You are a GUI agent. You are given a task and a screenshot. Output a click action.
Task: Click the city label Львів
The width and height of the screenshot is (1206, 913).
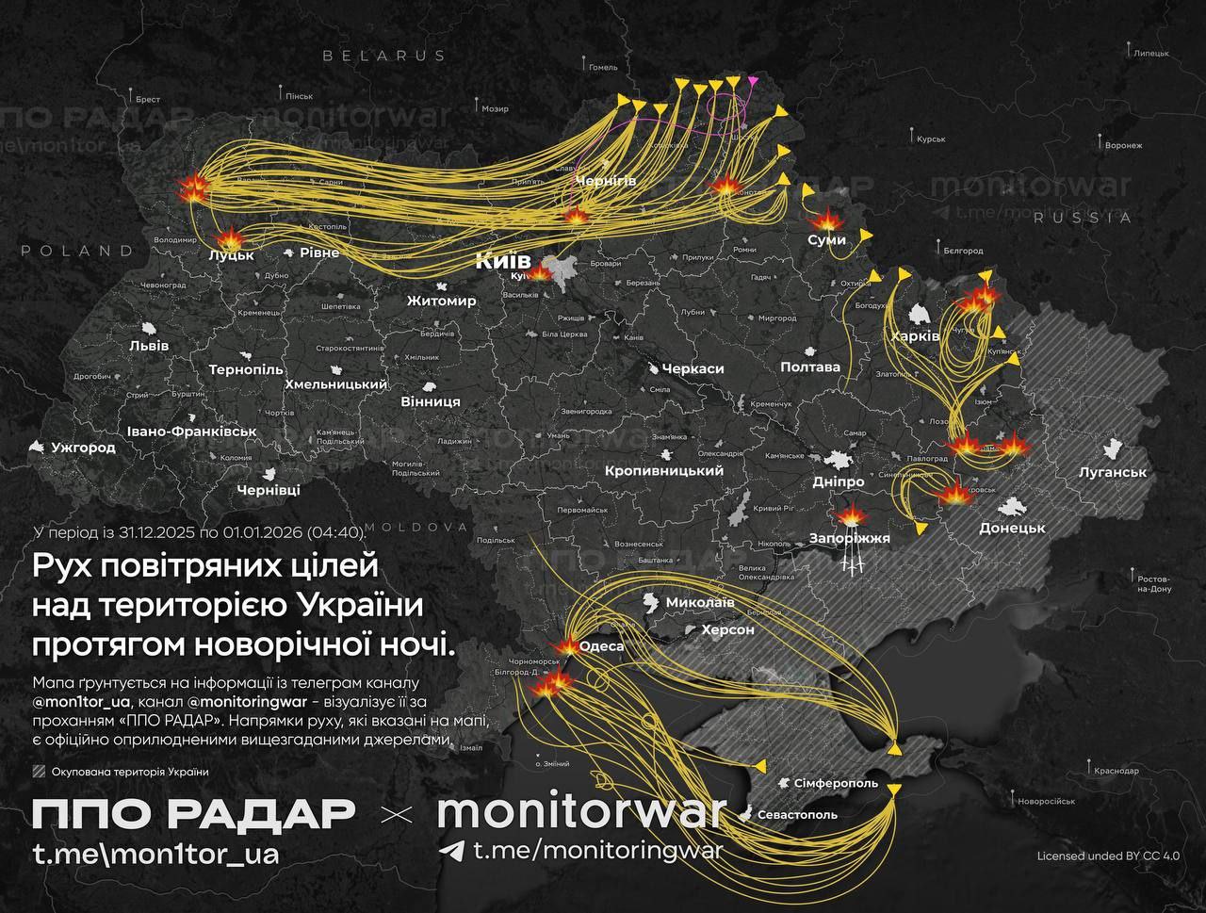[x=149, y=346]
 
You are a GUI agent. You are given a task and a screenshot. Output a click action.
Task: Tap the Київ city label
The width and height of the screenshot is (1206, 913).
[x=503, y=261]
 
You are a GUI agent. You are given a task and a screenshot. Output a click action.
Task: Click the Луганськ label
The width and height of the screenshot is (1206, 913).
[x=1113, y=471]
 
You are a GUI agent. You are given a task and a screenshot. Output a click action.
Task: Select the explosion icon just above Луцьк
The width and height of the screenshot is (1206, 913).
[x=229, y=238]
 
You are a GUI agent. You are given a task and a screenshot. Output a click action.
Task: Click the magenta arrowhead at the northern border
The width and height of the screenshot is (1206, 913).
[x=752, y=81]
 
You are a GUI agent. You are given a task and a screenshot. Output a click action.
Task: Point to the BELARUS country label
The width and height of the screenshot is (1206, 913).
[x=383, y=56]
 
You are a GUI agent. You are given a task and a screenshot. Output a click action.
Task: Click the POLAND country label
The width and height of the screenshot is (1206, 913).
[x=77, y=251]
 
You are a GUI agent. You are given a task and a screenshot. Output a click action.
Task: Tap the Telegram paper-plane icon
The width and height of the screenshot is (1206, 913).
[x=452, y=851]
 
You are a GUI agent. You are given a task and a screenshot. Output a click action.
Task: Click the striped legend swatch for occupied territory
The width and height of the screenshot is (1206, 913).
[x=39, y=772]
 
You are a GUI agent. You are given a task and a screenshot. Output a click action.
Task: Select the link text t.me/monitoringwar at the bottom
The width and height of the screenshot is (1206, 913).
[x=597, y=851]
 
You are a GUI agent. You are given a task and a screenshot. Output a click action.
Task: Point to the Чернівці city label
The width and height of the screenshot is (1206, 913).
[x=269, y=490]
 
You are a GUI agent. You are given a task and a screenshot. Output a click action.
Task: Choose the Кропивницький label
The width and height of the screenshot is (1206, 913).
[x=663, y=470]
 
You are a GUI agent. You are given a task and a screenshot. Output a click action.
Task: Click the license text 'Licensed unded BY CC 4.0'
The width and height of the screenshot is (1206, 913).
[x=1108, y=856]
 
